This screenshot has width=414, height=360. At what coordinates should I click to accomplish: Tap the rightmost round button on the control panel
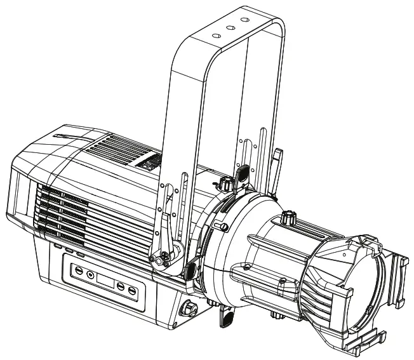click(132, 291)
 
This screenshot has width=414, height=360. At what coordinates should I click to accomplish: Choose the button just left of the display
click(90, 275)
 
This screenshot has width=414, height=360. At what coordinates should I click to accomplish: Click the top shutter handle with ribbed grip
click(242, 172)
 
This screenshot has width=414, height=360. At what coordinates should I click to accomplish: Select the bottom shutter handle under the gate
click(225, 316)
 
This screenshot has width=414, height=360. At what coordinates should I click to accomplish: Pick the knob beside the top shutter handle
click(225, 185)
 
